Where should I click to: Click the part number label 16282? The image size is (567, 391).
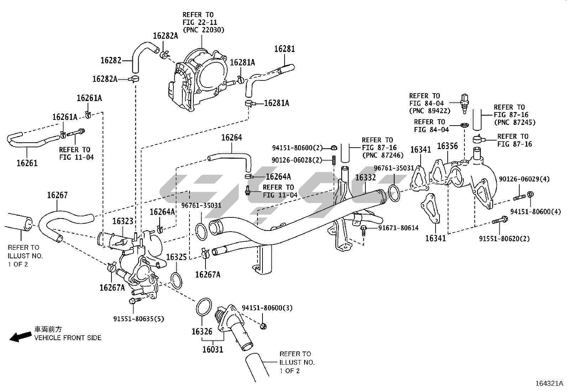[x=111, y=60]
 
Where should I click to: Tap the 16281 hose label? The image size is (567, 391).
[x=285, y=49]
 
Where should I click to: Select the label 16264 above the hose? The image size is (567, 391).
[x=232, y=138]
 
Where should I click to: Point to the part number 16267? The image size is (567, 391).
[x=57, y=195]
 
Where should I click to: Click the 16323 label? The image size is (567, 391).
[x=123, y=221]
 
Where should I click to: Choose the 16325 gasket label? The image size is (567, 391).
[x=176, y=257]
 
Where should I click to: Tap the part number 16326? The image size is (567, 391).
[x=202, y=332]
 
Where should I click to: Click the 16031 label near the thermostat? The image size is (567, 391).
[x=213, y=349]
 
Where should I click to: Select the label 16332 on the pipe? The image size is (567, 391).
[x=365, y=178]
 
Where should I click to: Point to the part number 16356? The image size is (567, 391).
[x=448, y=146]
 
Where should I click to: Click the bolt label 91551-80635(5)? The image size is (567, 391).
[x=139, y=319]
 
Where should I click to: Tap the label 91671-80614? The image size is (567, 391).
[x=399, y=228]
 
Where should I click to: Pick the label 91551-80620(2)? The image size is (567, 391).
[x=504, y=239]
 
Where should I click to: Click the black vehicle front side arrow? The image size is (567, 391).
[x=21, y=337]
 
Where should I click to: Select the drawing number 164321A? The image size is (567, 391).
[x=549, y=384]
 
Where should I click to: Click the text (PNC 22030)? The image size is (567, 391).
[x=203, y=30]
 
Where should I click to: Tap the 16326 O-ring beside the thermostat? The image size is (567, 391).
[x=204, y=307]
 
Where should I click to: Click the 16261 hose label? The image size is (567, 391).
[x=27, y=163]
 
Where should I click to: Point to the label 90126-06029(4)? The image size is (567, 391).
[x=524, y=179]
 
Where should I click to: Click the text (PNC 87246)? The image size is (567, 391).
[x=383, y=155]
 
